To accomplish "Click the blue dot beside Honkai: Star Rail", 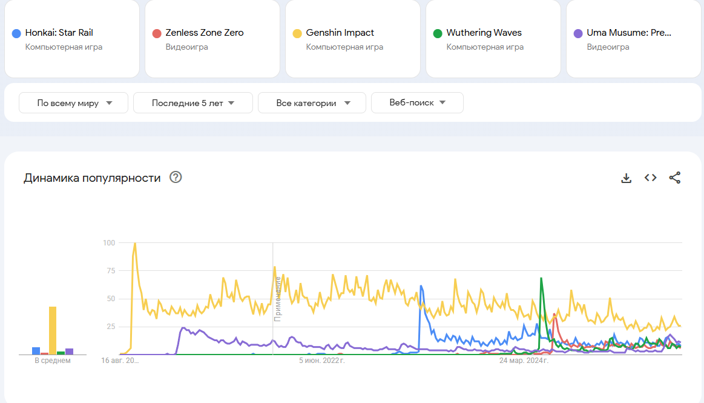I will pyautogui.click(x=16, y=33).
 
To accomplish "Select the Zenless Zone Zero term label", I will pyautogui.click(x=204, y=33).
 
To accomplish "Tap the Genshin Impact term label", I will pyautogui.click(x=340, y=33).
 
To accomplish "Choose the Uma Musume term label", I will pyautogui.click(x=628, y=33).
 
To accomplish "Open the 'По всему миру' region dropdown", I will pyautogui.click(x=74, y=103).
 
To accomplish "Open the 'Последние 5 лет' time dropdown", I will pyautogui.click(x=193, y=103).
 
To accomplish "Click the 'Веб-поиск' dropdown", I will pyautogui.click(x=417, y=103).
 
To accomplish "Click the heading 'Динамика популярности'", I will pyautogui.click(x=92, y=178).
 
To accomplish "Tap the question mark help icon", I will pyautogui.click(x=176, y=177).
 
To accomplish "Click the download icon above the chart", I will pyautogui.click(x=627, y=178).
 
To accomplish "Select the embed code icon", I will pyautogui.click(x=651, y=178).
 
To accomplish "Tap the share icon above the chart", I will pyautogui.click(x=675, y=178).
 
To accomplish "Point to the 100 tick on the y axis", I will pyautogui.click(x=109, y=243).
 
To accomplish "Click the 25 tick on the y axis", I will pyautogui.click(x=111, y=327).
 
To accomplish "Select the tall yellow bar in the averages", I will pyautogui.click(x=53, y=330).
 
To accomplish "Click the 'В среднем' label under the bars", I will pyautogui.click(x=53, y=361).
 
